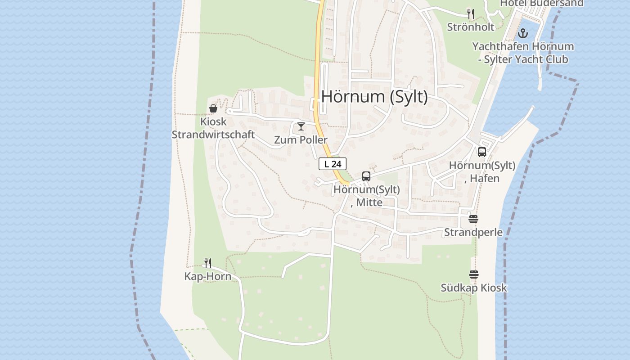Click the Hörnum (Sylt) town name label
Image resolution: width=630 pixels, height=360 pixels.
[x=374, y=97]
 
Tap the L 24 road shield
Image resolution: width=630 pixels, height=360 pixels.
[x=333, y=164]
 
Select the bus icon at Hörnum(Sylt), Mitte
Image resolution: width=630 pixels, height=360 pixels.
[x=366, y=176]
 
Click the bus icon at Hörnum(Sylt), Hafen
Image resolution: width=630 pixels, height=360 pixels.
[x=482, y=152]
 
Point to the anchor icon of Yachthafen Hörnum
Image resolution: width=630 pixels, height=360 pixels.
[x=522, y=33]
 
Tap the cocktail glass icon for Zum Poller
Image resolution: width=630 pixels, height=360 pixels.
[x=301, y=126]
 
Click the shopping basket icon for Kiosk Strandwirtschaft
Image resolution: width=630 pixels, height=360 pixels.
[x=213, y=108]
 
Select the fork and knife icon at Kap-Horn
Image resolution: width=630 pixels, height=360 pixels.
[x=208, y=263]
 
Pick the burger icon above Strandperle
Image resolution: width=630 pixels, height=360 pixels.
[x=473, y=219]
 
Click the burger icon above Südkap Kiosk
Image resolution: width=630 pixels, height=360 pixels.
[x=473, y=274]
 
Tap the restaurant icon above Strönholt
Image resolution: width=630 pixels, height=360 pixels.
[x=471, y=14]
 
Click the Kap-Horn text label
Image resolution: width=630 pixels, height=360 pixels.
[x=208, y=276]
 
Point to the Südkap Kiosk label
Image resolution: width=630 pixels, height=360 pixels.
[x=474, y=288]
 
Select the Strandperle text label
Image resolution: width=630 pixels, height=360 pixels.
[x=473, y=232]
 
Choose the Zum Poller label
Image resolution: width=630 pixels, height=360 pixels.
[x=301, y=140]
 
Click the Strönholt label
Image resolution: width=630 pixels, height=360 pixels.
[x=471, y=27]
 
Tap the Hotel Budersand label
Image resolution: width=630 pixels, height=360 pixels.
[x=542, y=4]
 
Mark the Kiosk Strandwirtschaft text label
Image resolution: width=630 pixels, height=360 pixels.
[x=213, y=128]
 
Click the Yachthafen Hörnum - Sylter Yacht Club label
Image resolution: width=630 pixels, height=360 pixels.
[x=523, y=53]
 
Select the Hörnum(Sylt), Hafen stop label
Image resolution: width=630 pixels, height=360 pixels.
[x=482, y=172]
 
